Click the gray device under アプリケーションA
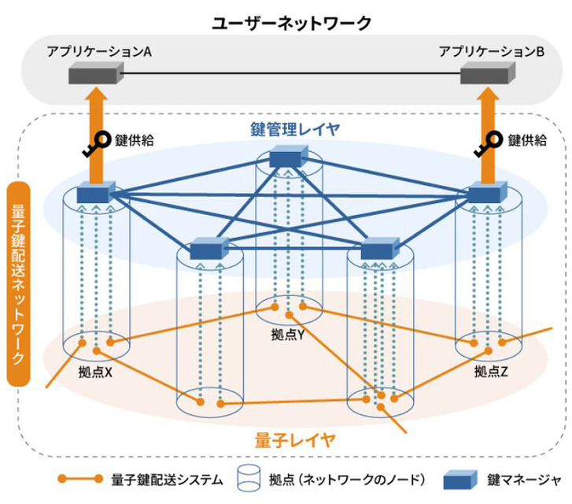tap(94, 76)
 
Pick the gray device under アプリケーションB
tap(487, 76)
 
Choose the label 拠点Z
tap(492, 369)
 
